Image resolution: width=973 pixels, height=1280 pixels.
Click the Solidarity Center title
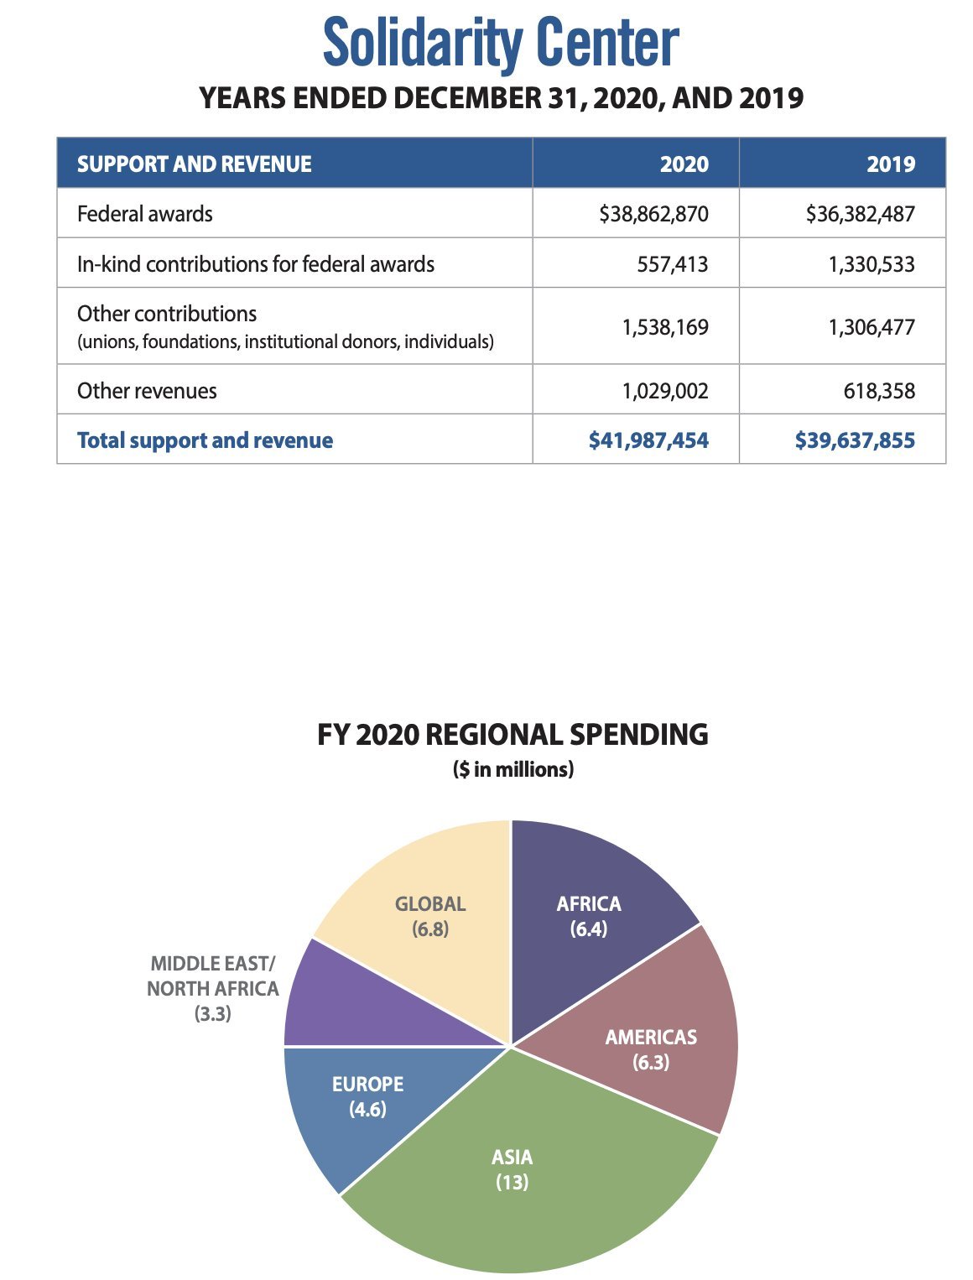[x=501, y=44]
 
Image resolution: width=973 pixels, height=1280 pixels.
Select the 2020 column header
[x=684, y=164]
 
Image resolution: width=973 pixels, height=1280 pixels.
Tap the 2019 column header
[x=890, y=164]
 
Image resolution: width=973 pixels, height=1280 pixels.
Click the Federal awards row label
[x=145, y=214]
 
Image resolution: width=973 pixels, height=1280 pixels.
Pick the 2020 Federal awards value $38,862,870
[x=653, y=214]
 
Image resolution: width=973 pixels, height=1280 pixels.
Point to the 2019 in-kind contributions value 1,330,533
[x=872, y=264]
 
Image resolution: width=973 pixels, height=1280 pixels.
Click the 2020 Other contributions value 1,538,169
[x=665, y=326]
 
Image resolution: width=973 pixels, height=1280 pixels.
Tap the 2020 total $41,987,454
[x=648, y=440]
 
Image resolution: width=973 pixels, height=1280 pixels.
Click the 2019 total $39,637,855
[x=855, y=440]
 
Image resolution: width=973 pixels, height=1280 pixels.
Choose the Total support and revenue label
[x=205, y=440]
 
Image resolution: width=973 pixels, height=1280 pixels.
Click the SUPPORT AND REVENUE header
[x=195, y=164]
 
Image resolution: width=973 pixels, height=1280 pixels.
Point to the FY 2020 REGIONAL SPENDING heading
[x=513, y=735]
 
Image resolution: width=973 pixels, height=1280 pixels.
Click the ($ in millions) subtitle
[x=513, y=769]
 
